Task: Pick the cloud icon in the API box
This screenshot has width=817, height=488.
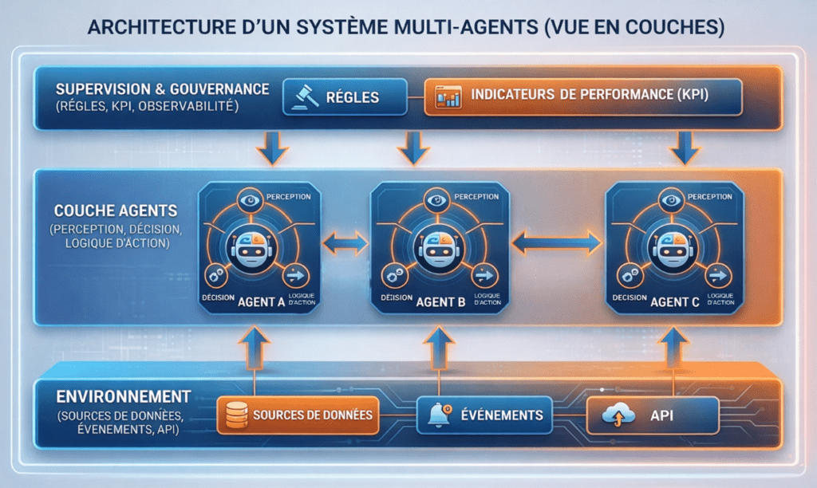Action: coord(616,415)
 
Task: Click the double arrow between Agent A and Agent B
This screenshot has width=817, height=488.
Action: coord(345,245)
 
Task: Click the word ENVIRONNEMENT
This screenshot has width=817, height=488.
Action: coord(123,396)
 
